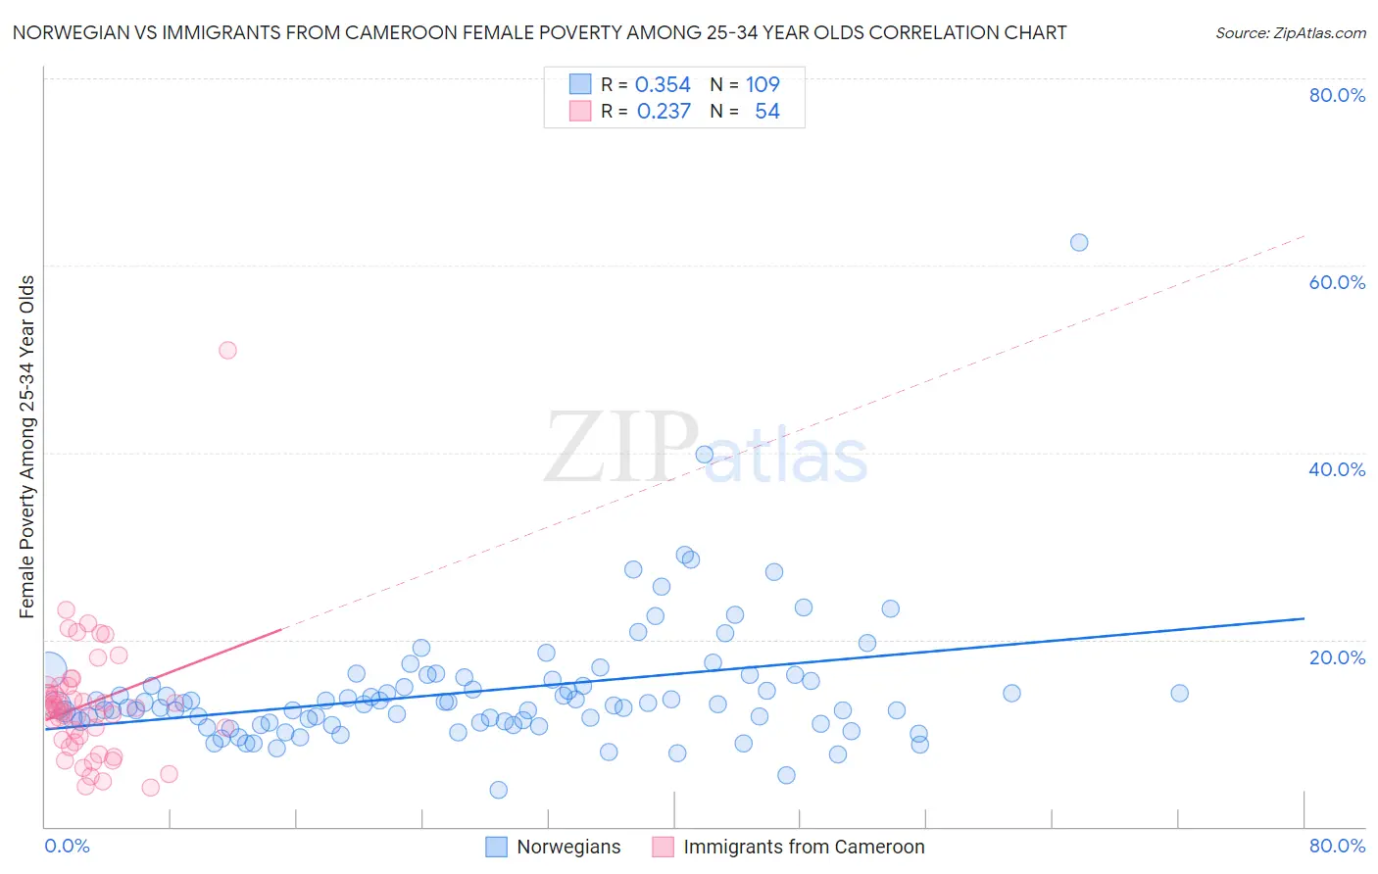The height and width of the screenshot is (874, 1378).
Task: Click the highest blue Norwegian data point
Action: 1079,242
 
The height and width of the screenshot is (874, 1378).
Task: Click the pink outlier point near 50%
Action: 227,350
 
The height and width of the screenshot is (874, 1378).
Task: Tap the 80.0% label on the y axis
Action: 1337,95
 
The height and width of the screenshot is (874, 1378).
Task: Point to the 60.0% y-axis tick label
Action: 1337,282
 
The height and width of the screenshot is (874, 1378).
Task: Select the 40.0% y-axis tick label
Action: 1337,469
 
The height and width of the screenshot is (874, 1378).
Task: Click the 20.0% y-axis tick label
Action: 1337,656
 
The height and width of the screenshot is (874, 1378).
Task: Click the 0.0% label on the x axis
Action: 67,846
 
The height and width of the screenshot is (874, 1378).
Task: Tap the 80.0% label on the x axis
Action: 1337,846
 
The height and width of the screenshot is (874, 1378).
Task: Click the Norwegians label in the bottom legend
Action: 568,847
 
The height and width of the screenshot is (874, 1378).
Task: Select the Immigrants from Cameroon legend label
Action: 804,847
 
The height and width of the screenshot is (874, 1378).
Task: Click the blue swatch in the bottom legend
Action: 497,847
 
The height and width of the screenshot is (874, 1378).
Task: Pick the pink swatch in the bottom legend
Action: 664,847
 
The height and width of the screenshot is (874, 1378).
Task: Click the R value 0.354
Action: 663,85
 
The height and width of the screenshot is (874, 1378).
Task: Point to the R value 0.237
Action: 664,112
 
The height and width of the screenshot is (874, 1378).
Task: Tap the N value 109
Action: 763,85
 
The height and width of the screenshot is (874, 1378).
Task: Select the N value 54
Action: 767,112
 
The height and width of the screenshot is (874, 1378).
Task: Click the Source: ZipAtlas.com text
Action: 1290,33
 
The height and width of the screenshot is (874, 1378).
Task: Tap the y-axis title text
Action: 27,447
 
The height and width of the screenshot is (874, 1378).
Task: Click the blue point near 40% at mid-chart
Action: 704,454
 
